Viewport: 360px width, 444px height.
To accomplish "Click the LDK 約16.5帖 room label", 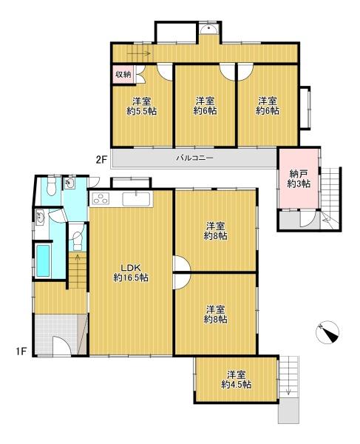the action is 131,272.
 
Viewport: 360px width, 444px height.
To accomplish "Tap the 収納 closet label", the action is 123,75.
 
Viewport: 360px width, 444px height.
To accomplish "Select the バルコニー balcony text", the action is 194,158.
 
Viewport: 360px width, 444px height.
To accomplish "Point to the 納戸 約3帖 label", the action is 299,178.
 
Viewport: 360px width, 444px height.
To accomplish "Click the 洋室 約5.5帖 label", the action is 142,106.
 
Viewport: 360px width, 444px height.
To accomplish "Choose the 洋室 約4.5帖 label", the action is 237,380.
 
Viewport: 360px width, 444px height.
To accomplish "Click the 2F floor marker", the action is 101,160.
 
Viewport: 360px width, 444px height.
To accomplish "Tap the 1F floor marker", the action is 21,351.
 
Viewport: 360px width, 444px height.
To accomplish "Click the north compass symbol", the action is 327,332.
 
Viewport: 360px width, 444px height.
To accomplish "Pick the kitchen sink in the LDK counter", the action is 136,199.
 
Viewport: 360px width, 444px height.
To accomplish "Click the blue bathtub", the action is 44,260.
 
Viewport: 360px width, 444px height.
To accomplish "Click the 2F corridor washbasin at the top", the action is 208,29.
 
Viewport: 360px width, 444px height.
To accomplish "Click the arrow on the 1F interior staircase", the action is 77,258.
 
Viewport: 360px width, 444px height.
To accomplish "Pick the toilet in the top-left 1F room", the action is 51,187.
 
